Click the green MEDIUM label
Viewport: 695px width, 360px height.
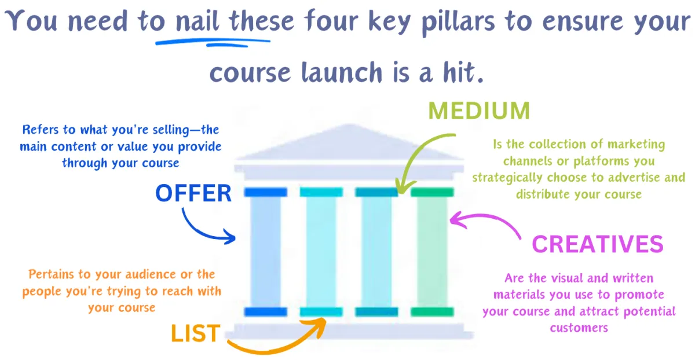pos(480,110)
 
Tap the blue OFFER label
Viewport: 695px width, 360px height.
pos(193,194)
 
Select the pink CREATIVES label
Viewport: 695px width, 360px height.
pos(597,244)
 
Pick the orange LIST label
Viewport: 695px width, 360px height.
pos(195,333)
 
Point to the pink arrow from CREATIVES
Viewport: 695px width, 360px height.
pos(487,223)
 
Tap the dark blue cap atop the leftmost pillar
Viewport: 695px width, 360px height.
pos(265,192)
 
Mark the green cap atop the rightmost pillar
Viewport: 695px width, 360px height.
pos(432,192)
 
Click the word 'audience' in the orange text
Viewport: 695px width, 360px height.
pos(140,274)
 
